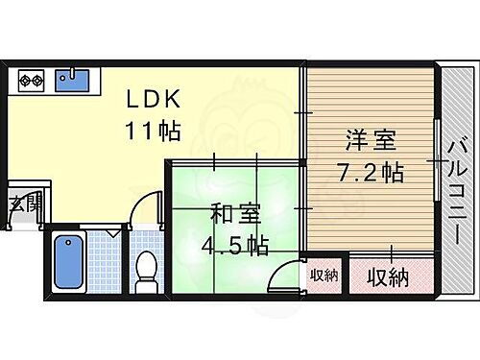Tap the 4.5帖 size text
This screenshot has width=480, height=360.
pyautogui.click(x=233, y=245)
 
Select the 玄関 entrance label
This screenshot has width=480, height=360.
pyautogui.click(x=26, y=204)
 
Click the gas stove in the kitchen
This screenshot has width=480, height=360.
pyautogui.click(x=30, y=79)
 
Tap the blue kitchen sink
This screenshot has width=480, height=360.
pyautogui.click(x=72, y=79)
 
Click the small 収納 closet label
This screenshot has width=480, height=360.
pyautogui.click(x=324, y=276)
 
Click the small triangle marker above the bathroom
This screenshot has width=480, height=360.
pyautogui.click(x=113, y=232)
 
